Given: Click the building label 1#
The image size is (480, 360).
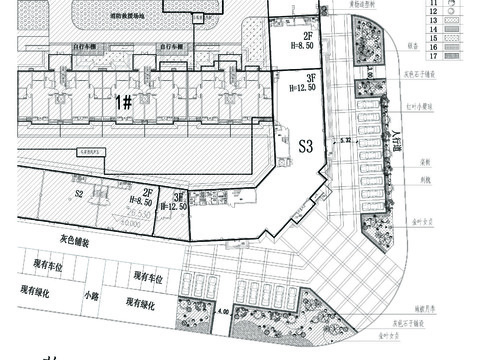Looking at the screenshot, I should click(x=123, y=101).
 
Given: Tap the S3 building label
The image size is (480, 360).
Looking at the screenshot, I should click(x=307, y=146).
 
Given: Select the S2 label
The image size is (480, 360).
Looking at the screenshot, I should click(x=80, y=193).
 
